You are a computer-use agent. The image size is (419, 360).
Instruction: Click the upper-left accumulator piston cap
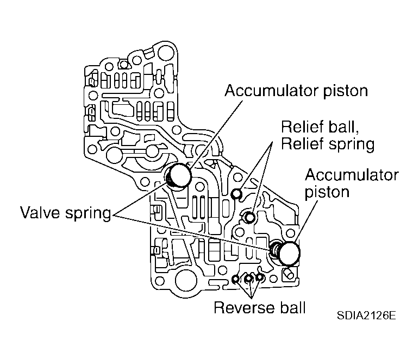click(179, 175)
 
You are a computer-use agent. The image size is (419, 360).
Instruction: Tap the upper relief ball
click(236, 194)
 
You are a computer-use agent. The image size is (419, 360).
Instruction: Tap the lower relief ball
click(249, 218)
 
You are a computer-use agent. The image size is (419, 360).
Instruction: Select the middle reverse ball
click(248, 279)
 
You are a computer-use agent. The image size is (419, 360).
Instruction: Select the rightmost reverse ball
click(260, 277)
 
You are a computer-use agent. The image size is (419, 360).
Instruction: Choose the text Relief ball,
click(315, 127)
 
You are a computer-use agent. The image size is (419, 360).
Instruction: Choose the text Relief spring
click(327, 144)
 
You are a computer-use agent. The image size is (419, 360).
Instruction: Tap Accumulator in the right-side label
click(351, 175)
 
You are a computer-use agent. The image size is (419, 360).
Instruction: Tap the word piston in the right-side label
click(327, 193)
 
